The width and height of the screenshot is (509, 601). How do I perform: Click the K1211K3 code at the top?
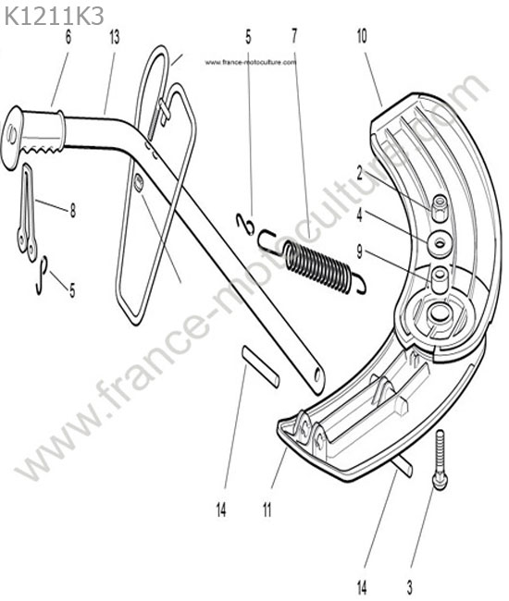(x=54, y=17)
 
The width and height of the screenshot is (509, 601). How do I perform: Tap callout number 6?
(x=68, y=37)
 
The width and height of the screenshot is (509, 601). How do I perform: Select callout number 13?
(x=115, y=37)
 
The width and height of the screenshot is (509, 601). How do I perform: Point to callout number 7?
(x=294, y=36)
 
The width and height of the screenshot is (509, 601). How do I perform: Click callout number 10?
(x=362, y=36)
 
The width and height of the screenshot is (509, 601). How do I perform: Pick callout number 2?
(x=359, y=173)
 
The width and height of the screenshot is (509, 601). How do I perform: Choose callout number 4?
(x=359, y=215)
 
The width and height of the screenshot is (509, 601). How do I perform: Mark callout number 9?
(x=359, y=251)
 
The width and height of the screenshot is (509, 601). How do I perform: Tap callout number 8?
(x=72, y=211)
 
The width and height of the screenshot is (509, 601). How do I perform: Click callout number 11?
(x=267, y=510)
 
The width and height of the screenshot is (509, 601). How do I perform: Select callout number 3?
(x=410, y=587)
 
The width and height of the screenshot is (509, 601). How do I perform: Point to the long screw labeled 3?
(x=440, y=460)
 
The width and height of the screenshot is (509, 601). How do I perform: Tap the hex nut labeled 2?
(x=440, y=207)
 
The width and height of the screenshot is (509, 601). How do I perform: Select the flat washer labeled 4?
(x=440, y=243)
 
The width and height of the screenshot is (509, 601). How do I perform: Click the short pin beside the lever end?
(x=260, y=367)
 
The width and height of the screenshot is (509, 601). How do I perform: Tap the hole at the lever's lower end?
(x=317, y=376)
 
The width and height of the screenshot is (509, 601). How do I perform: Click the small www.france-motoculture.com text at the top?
(x=251, y=62)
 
